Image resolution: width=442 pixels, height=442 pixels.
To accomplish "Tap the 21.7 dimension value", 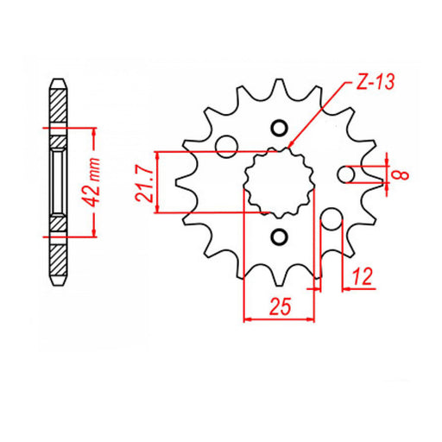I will click(x=146, y=181).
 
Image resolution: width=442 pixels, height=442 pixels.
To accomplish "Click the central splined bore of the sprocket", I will click(x=276, y=181).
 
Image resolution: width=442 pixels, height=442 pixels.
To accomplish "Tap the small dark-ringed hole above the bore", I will click(x=278, y=129).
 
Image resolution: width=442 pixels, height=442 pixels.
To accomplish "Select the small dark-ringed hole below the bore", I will click(x=278, y=237).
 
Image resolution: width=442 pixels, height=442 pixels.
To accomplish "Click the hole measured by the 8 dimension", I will click(x=347, y=174).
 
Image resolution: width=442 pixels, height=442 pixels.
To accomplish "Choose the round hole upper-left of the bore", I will click(x=226, y=145).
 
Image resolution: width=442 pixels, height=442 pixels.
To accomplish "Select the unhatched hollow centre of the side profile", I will click(x=57, y=181).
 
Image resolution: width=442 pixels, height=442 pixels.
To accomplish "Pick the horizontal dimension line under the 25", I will click(x=279, y=319).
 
